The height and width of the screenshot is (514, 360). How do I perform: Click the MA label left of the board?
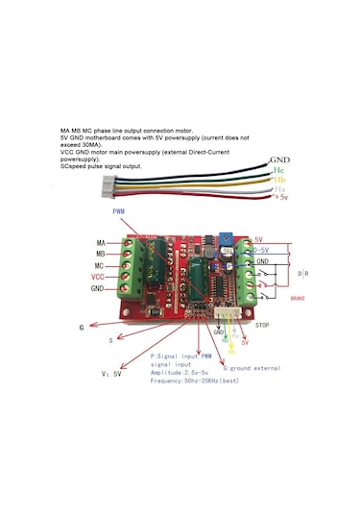pos(101,243)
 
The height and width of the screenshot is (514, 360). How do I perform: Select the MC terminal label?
pos(101,265)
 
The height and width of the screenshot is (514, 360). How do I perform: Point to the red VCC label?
pos(99,276)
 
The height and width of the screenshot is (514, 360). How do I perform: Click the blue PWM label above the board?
pos(119,210)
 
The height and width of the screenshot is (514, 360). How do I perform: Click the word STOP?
pos(263,326)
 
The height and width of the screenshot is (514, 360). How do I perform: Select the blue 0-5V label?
pos(264,250)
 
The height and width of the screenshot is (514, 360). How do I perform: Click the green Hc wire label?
pos(278,169)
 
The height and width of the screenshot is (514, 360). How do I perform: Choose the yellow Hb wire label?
pos(280,180)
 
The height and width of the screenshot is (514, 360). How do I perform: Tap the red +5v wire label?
pos(279,197)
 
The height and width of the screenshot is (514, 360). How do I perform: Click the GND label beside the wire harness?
pos(279,159)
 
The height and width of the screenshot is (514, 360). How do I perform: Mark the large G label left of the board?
pos(82,327)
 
